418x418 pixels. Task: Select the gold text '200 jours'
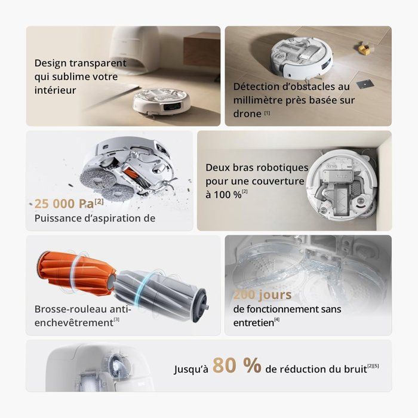coord(262,294)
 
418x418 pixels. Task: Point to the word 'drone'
coord(247,113)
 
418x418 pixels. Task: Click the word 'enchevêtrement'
coord(73,322)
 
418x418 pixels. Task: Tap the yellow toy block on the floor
coord(362,45)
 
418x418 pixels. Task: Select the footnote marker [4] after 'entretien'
coord(276,321)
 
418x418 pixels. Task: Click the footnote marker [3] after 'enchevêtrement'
coord(116,321)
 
